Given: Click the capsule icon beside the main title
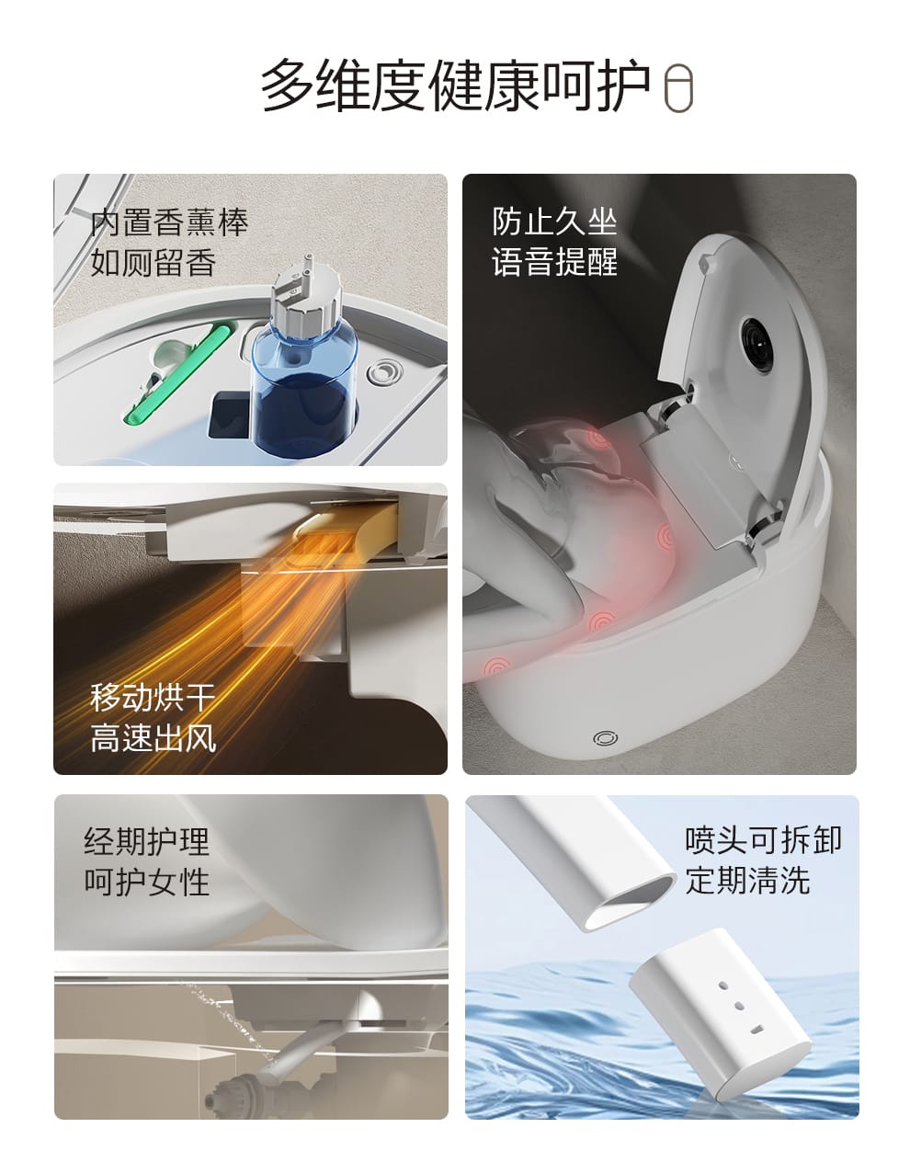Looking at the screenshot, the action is pyautogui.click(x=678, y=88).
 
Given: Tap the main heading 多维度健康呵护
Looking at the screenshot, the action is pyautogui.click(x=456, y=85).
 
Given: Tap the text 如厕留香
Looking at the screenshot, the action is pyautogui.click(x=153, y=262).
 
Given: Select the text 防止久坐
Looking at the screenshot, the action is pyautogui.click(x=554, y=221).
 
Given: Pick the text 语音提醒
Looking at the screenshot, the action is pyautogui.click(x=554, y=261).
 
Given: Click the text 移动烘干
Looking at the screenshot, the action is pyautogui.click(x=153, y=698).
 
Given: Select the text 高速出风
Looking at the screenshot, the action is pyautogui.click(x=153, y=738).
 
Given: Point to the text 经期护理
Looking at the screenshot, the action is pyautogui.click(x=146, y=841).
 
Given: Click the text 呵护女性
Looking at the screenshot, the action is pyautogui.click(x=146, y=882).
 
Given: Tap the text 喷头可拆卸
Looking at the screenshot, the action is pyautogui.click(x=764, y=839).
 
